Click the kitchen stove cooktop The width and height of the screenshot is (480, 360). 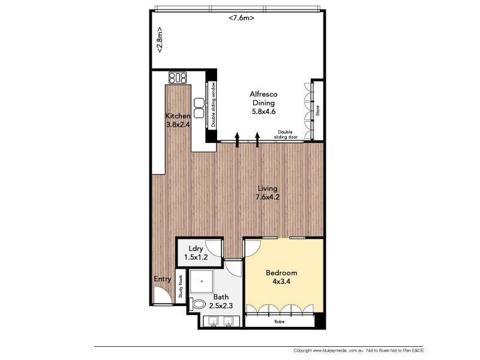(178, 77)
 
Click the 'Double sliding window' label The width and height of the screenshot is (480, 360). (214, 105)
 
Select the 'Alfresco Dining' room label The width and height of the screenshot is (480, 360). (263, 103)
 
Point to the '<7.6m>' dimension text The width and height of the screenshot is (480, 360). (241, 18)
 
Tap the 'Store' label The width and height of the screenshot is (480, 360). (318, 111)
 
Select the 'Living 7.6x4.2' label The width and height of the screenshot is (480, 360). (266, 193)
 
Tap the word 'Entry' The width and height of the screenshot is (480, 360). (162, 279)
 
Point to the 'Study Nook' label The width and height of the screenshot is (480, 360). (179, 286)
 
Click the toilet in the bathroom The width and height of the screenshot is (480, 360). (197, 304)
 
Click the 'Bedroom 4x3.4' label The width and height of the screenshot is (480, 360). (281, 277)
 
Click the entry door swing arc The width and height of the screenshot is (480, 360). (161, 294)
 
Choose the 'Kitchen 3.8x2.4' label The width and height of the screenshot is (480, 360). (178, 121)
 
